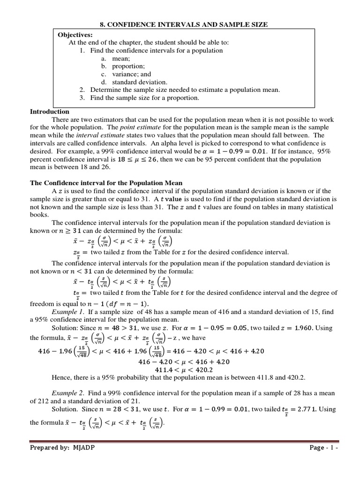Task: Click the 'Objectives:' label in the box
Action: tap(75, 35)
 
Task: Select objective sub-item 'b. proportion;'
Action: tap(122, 66)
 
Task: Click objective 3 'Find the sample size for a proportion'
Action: tap(144, 98)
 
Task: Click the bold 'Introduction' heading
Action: tap(50, 112)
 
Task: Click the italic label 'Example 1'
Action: tap(67, 312)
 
